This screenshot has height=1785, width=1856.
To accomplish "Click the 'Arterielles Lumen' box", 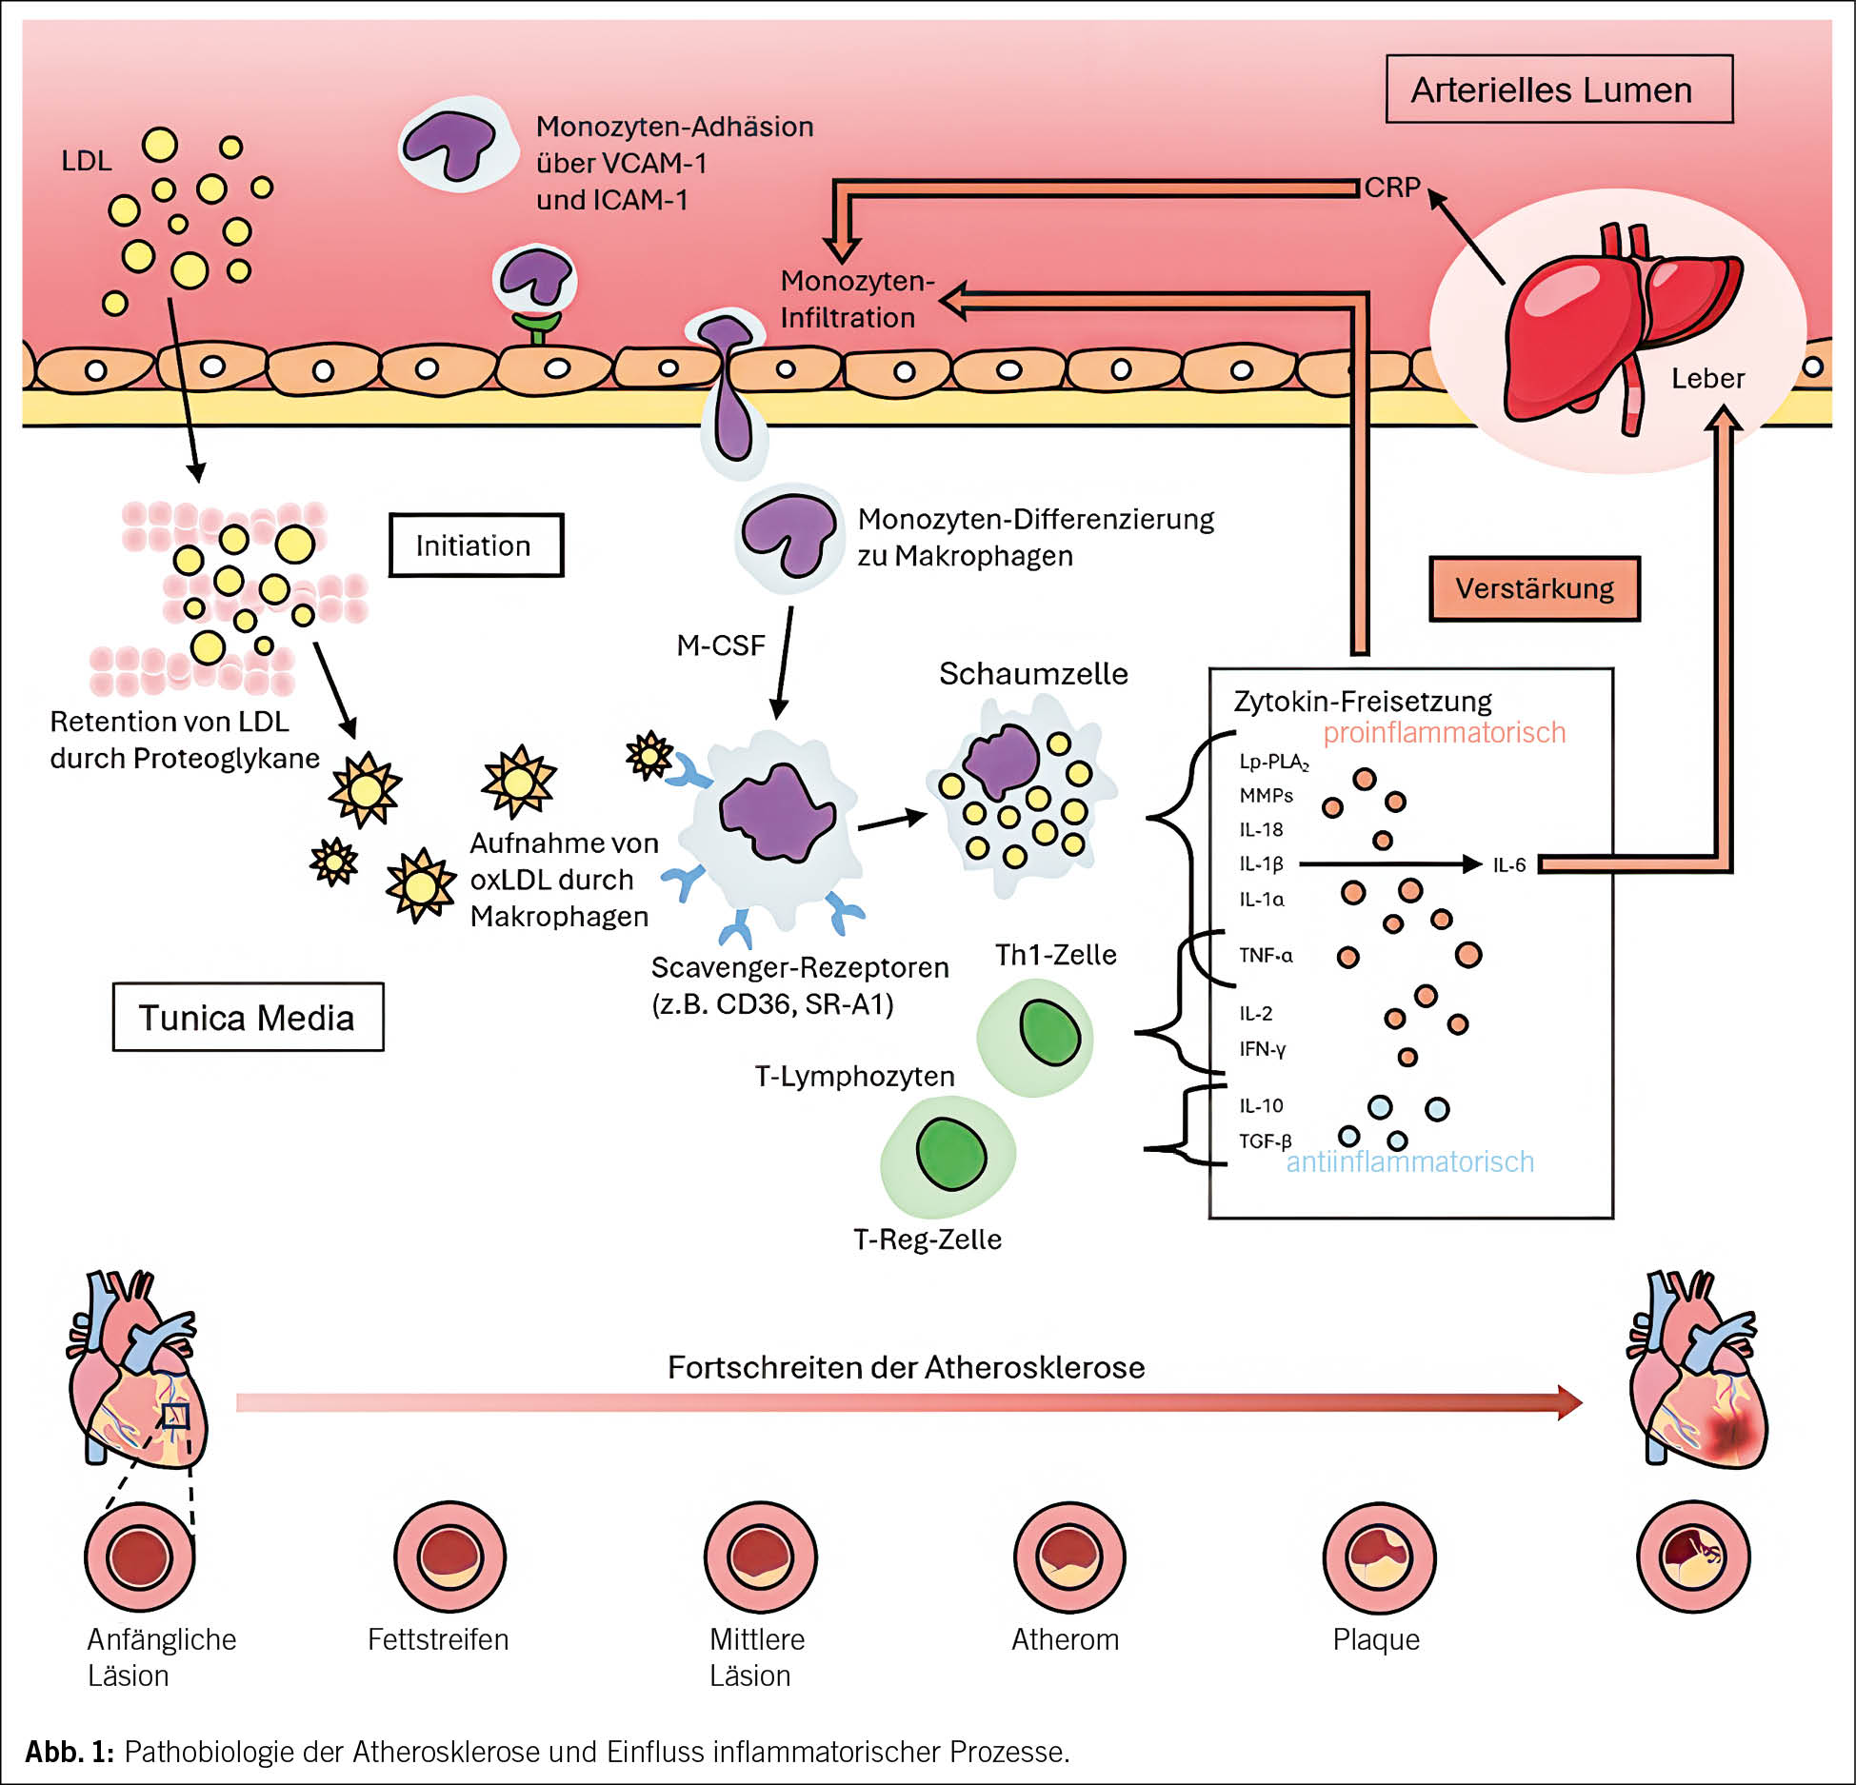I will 1558,89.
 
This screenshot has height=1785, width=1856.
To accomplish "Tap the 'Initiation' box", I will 475,545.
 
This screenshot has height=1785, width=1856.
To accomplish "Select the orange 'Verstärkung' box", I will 1534,588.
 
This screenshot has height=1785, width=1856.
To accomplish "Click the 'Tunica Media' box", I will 248,1017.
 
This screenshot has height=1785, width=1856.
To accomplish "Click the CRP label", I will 1391,188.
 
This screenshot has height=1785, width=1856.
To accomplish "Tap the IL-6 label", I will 1508,864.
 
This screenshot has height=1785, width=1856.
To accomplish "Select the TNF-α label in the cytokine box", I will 1266,955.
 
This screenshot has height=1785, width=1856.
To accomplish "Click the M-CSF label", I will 720,645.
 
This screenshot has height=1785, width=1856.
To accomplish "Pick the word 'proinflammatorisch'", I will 1444,732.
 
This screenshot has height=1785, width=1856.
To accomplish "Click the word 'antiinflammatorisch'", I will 1409,1161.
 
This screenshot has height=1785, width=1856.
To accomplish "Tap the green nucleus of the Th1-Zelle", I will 1049,1033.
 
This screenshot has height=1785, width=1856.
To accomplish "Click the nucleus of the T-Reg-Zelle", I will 950,1154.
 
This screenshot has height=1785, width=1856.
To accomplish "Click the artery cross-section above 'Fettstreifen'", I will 449,1557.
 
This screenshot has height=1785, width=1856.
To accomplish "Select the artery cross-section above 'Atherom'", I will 1068,1557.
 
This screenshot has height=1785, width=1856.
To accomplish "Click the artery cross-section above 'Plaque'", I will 1378,1557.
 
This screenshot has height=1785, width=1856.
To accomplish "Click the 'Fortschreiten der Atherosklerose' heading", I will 906,1367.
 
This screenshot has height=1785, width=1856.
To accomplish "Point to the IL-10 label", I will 1261,1105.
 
